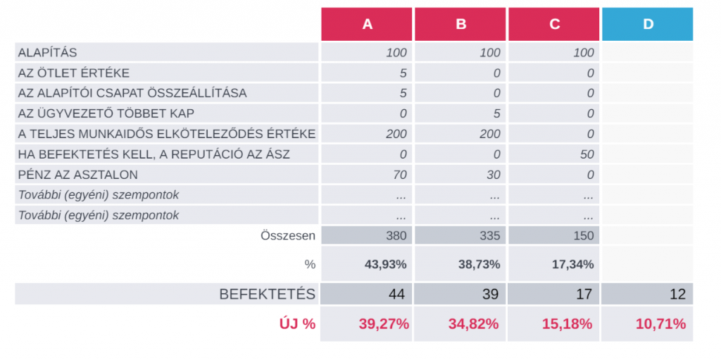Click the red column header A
tap(367, 24)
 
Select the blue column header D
tap(648, 24)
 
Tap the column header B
tap(460, 24)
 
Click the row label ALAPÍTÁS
tap(47, 53)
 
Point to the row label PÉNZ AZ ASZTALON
tap(77, 175)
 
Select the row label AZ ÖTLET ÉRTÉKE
tap(73, 73)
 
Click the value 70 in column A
tap(399, 175)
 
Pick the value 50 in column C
tap(587, 154)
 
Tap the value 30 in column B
tap(493, 175)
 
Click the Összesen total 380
tap(396, 236)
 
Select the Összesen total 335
tap(490, 236)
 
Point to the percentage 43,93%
tap(387, 264)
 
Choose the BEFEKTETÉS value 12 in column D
tap(677, 294)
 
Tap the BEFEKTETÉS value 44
tap(397, 294)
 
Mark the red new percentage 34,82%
tap(473, 324)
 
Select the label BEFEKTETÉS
tap(268, 294)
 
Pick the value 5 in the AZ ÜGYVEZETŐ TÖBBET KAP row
tap(497, 113)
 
